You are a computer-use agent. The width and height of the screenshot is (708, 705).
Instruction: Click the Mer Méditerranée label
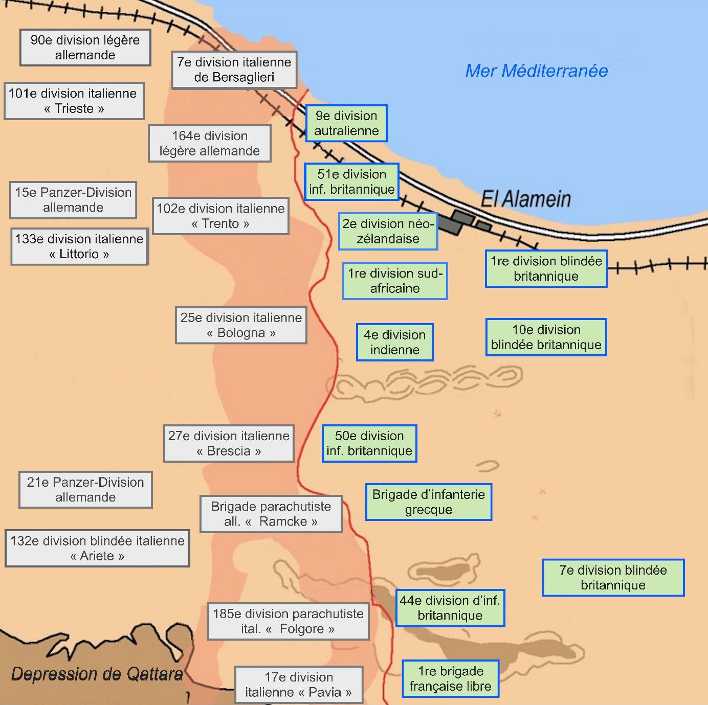coord(536,71)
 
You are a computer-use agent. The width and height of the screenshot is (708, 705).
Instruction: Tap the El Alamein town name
coord(526,199)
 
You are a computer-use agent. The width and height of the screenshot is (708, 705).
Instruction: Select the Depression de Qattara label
coord(97,674)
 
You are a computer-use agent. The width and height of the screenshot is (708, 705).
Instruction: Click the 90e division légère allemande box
coord(85,48)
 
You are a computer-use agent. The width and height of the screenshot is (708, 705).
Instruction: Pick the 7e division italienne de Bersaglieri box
coord(234,70)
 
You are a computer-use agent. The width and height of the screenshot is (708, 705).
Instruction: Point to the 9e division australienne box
coord(346,123)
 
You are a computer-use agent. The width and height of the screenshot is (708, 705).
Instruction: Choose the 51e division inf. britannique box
coord(351,181)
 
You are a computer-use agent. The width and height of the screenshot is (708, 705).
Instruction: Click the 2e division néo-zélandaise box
coord(388,231)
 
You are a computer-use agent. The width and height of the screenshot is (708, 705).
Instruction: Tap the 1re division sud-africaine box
coord(395,281)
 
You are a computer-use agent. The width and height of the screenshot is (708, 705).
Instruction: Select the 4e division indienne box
coord(394,342)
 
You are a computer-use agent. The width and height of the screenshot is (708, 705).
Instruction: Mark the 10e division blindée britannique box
coord(546,337)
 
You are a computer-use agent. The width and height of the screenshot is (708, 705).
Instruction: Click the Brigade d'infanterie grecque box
coord(428,502)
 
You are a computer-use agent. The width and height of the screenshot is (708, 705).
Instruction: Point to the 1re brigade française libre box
coord(450,678)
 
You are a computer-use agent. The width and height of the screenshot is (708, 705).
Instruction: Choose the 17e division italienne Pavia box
coord(298,685)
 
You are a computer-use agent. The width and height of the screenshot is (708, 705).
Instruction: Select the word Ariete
coord(97,556)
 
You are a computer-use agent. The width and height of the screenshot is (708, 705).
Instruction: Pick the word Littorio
coord(79,254)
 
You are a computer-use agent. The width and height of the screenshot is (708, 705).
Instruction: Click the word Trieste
coord(74,108)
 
